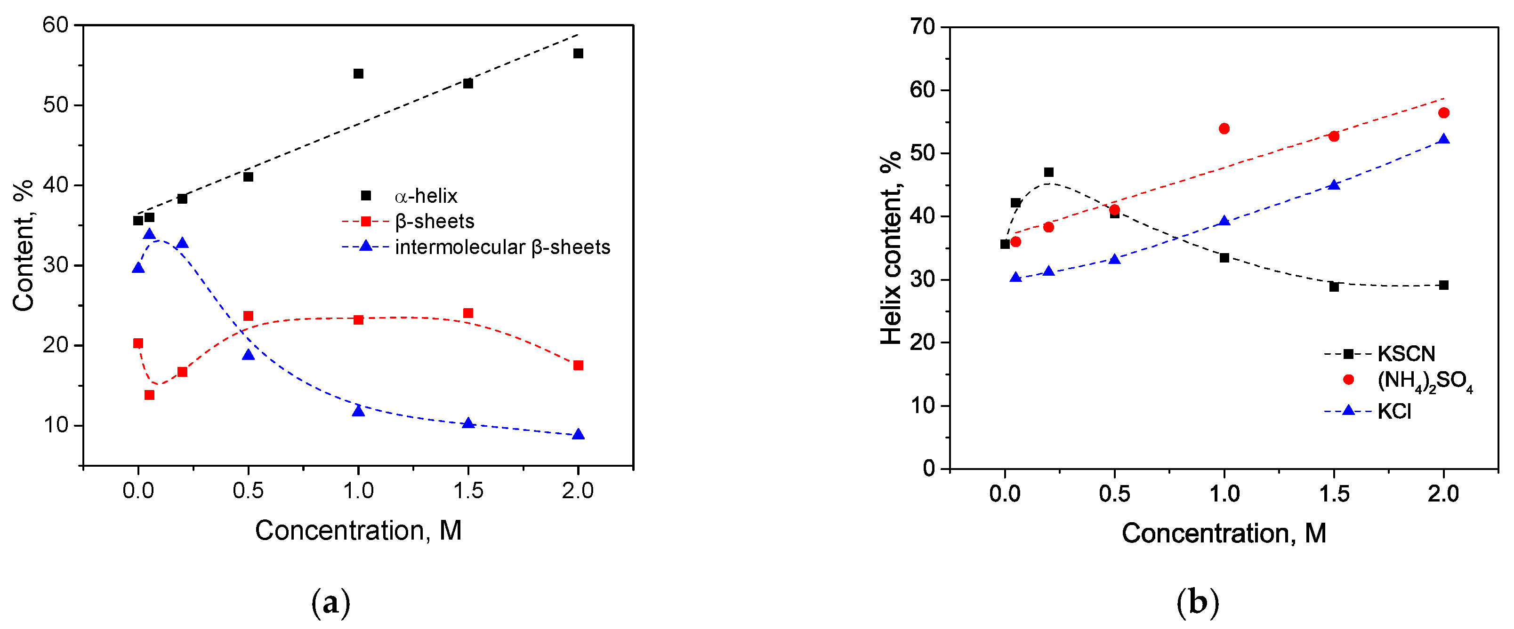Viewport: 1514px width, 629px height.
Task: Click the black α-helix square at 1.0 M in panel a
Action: (x=358, y=73)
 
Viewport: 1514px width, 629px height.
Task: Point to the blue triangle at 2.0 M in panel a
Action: (x=578, y=434)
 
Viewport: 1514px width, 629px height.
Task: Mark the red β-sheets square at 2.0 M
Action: (x=578, y=365)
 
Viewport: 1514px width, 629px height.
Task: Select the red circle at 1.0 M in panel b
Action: (x=1224, y=128)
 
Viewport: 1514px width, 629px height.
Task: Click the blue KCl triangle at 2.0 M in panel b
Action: (x=1443, y=139)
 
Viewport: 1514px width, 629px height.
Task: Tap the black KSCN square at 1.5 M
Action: (x=1334, y=287)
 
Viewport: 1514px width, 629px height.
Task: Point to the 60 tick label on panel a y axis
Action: (x=55, y=24)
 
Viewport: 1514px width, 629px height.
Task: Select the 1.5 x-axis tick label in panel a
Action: (x=468, y=490)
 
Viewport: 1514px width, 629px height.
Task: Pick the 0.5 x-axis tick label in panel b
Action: (x=1114, y=494)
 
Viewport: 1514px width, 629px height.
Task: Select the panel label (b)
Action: (x=1198, y=602)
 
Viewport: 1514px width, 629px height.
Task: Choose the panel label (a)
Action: (x=331, y=602)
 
